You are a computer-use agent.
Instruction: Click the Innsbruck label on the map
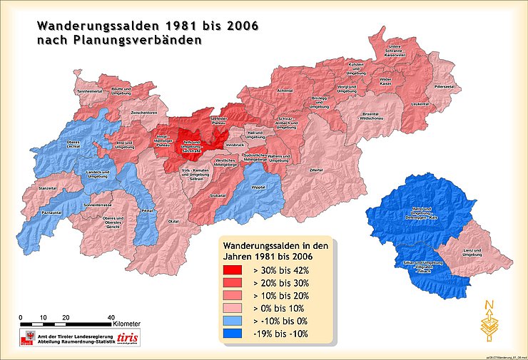point(234,145)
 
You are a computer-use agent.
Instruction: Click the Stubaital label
point(218,194)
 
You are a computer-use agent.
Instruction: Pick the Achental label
point(285,91)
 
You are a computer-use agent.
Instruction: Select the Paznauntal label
point(52,212)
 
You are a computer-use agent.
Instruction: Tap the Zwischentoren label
point(143,113)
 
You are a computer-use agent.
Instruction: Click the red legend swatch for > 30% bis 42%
point(233,270)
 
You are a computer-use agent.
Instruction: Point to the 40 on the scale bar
point(111,317)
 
